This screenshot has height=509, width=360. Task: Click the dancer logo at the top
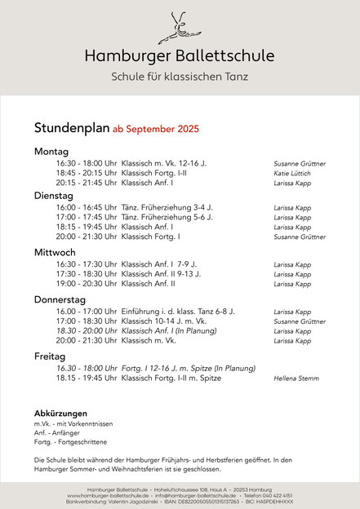[179, 27]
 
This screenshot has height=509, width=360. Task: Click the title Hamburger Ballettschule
[180, 55]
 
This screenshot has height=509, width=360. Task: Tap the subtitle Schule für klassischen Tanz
[180, 77]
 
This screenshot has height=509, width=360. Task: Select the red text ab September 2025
[155, 129]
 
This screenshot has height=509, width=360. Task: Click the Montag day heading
[51, 151]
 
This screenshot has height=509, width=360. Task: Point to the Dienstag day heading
[54, 195]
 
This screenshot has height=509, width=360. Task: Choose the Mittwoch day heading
[55, 252]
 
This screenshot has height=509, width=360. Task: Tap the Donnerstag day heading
[62, 299]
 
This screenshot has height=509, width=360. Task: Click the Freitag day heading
[50, 356]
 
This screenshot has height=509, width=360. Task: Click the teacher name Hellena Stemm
[297, 378]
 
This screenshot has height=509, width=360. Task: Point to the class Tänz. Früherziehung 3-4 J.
[167, 207]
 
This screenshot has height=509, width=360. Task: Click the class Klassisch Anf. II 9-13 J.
[161, 274]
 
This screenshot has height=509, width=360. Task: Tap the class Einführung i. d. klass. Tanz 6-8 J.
[178, 312]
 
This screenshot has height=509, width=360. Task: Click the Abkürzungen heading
[60, 413]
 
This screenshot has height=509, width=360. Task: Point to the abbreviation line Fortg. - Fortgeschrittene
[69, 442]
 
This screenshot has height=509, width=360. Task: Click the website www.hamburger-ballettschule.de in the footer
[109, 495]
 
